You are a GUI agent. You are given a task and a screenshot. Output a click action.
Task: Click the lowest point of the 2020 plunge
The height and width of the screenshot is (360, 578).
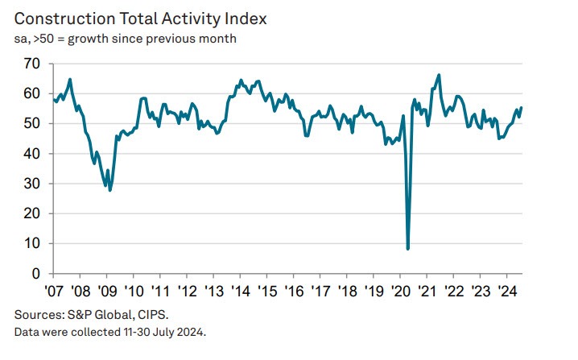click(x=408, y=248)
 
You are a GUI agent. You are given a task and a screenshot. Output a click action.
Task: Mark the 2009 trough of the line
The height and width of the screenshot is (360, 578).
click(x=110, y=190)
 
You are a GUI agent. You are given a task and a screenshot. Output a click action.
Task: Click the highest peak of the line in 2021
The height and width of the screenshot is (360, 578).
click(x=439, y=75)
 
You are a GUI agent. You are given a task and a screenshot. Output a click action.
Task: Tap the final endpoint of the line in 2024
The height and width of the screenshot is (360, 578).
click(x=521, y=108)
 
